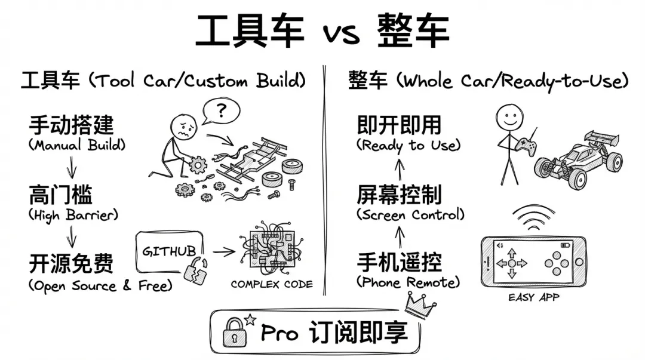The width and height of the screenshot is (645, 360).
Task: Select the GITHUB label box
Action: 169,251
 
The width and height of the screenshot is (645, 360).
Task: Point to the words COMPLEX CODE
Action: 272,284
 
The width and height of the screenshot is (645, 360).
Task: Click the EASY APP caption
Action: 533,297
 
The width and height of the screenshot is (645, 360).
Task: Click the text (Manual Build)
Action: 77,145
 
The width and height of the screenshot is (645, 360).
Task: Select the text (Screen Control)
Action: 410,214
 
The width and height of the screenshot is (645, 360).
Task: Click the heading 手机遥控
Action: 400,262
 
